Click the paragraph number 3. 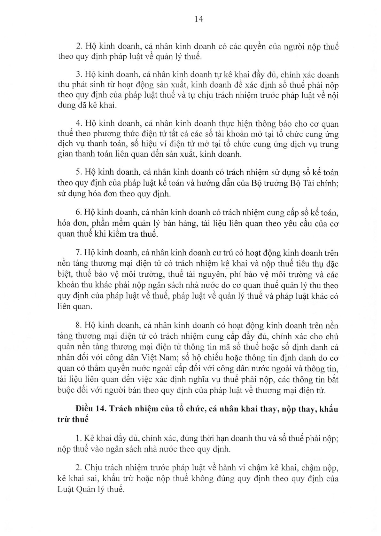point(79,75)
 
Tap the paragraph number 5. point(79,173)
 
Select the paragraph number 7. point(79,253)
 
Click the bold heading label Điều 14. point(91,409)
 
